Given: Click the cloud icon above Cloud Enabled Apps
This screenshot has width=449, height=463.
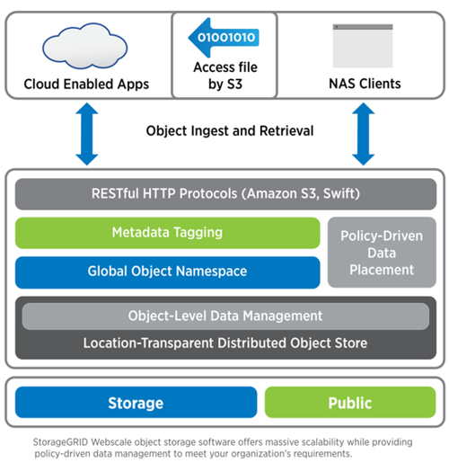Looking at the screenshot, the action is point(85,46).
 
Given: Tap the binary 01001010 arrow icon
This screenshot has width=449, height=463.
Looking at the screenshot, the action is point(224,38).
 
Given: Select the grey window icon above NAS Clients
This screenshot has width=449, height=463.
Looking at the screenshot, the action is point(363,46).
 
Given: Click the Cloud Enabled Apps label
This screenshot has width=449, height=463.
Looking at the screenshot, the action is point(86,84).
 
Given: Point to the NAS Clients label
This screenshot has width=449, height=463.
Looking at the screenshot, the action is point(365,84).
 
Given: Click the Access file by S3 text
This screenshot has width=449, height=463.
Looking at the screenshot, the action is point(225,76).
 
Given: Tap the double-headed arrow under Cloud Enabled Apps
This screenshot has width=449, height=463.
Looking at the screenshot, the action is point(87,134).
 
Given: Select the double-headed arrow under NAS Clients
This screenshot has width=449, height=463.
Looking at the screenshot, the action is point(363,134).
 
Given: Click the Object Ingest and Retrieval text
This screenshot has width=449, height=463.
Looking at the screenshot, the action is point(230,130).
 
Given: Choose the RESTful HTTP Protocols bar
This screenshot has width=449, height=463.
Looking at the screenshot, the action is point(225,194).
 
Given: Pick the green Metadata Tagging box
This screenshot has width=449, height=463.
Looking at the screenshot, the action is point(167,233).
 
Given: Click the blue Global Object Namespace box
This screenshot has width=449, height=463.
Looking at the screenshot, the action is point(167,272).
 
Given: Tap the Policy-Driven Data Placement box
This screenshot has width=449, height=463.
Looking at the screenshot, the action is point(382,253).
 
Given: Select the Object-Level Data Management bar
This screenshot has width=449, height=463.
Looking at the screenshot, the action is point(225,316).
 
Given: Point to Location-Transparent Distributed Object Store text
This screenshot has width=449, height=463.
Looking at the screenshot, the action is point(225,343).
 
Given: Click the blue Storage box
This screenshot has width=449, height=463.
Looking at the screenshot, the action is point(136,402).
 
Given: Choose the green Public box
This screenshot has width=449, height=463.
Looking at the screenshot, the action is point(350,402).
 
